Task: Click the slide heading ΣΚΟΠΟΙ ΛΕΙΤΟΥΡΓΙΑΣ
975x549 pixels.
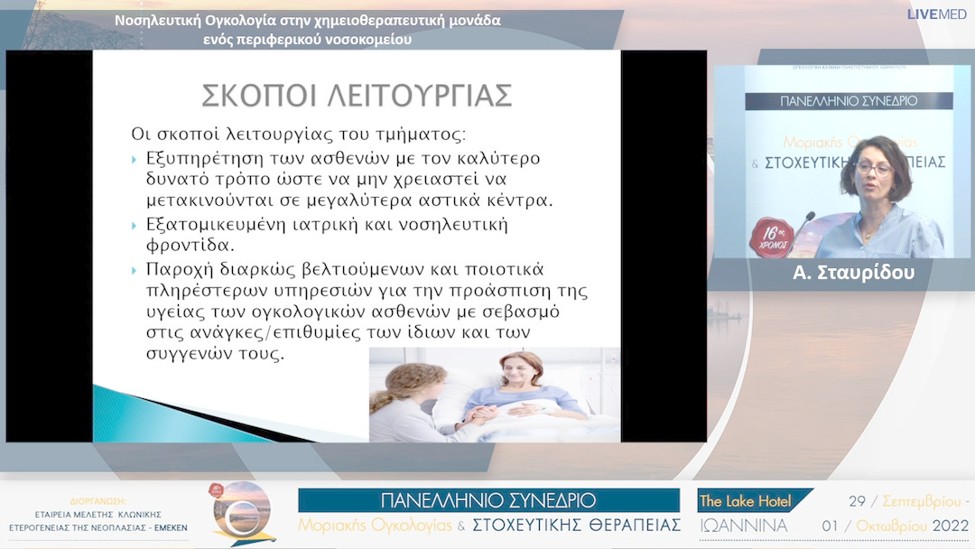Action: click(356, 95)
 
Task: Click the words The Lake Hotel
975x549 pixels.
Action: click(746, 501)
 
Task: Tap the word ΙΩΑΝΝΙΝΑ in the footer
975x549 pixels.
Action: click(744, 526)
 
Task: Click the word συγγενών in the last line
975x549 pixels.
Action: click(181, 354)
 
